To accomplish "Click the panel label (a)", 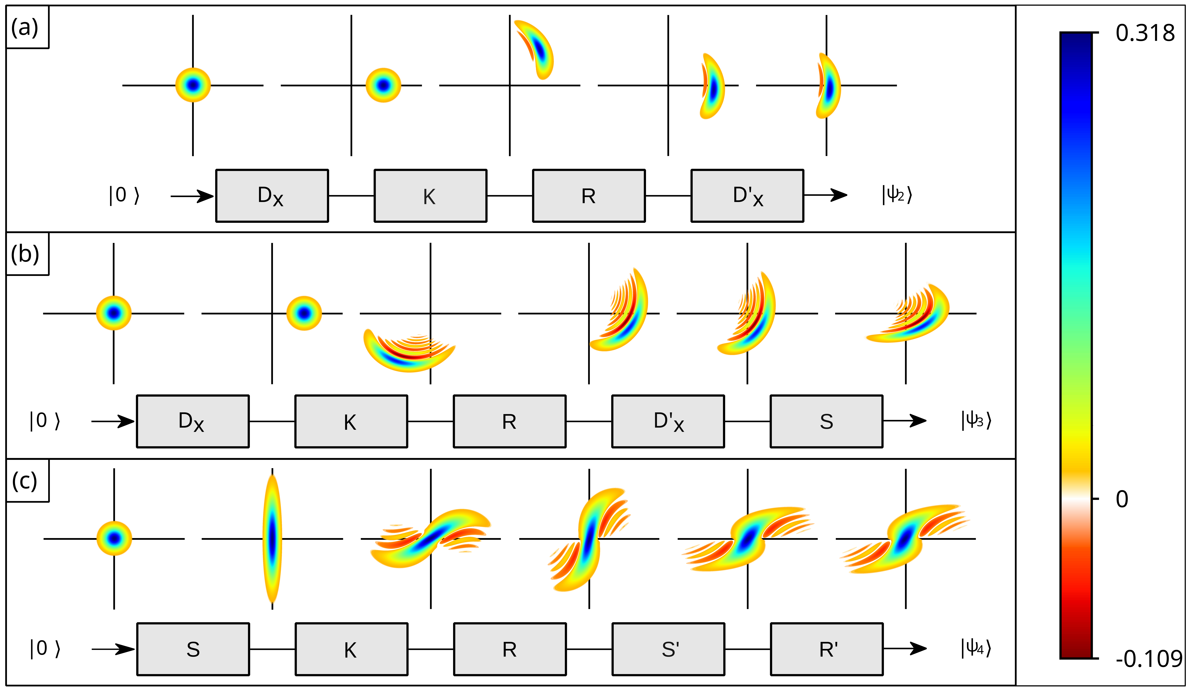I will click(25, 27).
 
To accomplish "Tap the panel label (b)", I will click(25, 254).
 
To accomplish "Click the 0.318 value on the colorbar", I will click(1145, 33).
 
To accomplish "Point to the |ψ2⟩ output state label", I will click(897, 194).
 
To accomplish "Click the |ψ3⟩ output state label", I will click(976, 420).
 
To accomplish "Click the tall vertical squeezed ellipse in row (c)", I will click(272, 539).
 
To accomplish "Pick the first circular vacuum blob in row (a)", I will click(193, 85).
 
